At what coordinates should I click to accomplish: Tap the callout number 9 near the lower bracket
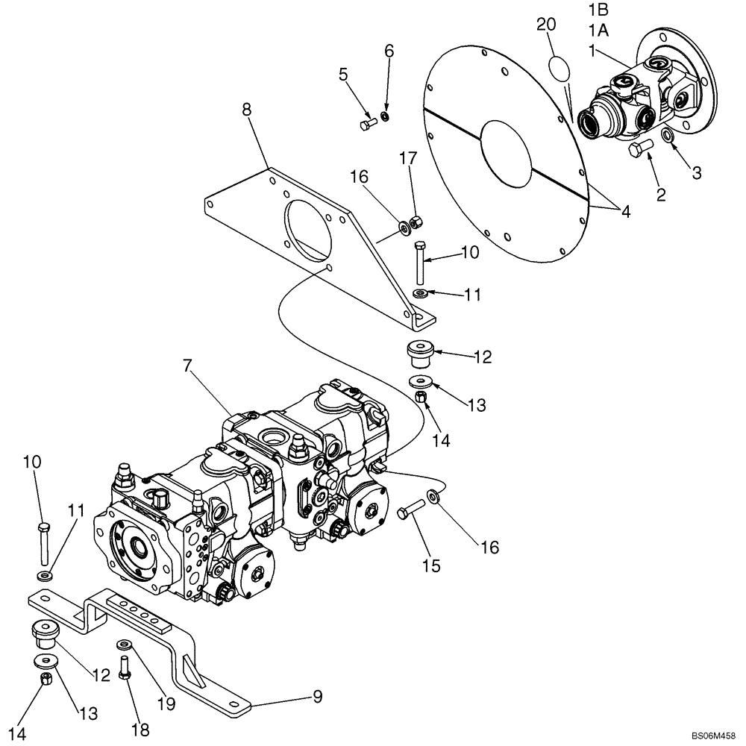[317, 697]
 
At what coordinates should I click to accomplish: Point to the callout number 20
[546, 25]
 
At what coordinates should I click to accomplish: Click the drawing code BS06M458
[712, 734]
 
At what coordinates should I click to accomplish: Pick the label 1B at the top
[598, 11]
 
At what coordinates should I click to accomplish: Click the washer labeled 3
[668, 137]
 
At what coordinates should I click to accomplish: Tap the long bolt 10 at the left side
[44, 545]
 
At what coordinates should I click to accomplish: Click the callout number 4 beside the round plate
[625, 211]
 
